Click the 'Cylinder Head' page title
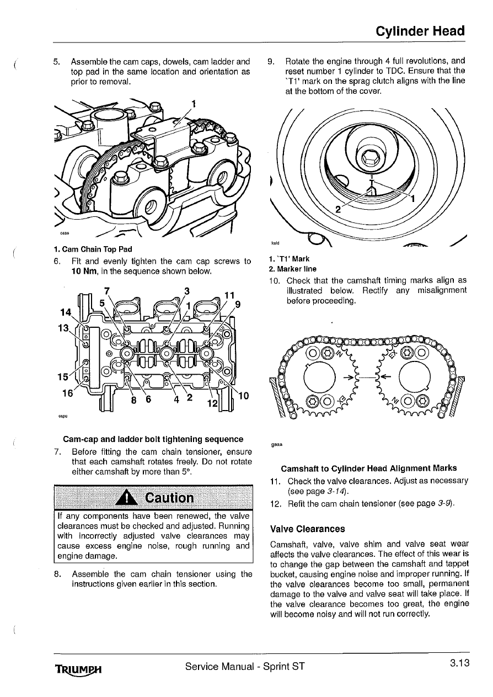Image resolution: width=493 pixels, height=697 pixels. [420, 31]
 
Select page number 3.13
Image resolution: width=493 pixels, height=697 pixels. [458, 663]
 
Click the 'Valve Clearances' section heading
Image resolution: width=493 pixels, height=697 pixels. [308, 529]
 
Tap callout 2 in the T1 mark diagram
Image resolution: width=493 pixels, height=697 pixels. [339, 209]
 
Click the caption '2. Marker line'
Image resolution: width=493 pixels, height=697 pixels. [292, 269]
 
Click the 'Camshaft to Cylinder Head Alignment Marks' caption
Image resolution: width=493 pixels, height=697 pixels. [368, 469]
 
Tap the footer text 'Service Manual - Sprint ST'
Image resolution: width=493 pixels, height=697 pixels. [245, 666]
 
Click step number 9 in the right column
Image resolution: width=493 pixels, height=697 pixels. [270, 61]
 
